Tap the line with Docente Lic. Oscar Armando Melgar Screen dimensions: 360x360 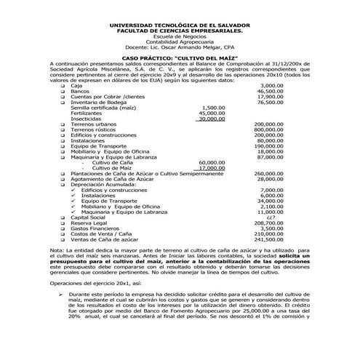pyautogui.click(x=180, y=46)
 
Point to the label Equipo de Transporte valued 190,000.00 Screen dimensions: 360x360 pyautogui.click(x=99, y=147)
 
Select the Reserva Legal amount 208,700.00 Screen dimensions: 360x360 pyautogui.click(x=268, y=223)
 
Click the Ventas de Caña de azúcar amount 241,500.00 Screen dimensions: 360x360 pyautogui.click(x=268, y=239)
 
